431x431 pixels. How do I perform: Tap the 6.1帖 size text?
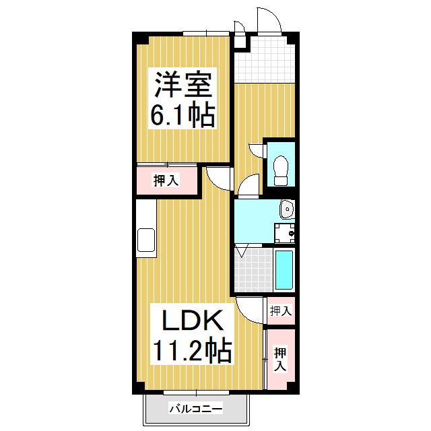coord(183,114)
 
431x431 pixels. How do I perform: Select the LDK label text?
coord(193,321)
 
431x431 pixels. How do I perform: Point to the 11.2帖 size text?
coord(193,350)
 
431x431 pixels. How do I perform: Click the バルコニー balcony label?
coord(196,409)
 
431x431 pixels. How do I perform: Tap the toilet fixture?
coord(281,170)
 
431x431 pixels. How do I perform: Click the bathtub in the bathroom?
coord(284,269)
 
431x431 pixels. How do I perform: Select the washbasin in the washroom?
coord(288,209)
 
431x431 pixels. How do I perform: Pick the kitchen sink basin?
coord(146,240)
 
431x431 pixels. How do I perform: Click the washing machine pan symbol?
coord(284,234)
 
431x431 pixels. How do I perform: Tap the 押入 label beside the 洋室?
coord(166,180)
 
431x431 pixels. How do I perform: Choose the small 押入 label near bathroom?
coord(281,311)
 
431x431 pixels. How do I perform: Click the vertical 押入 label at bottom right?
coord(280,359)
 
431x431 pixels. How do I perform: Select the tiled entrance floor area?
coord(265,60)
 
